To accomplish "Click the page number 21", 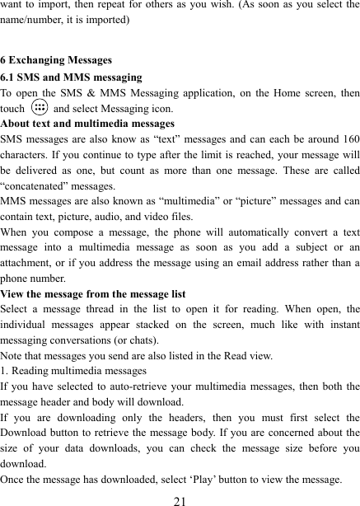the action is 180,496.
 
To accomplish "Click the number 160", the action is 348,138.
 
